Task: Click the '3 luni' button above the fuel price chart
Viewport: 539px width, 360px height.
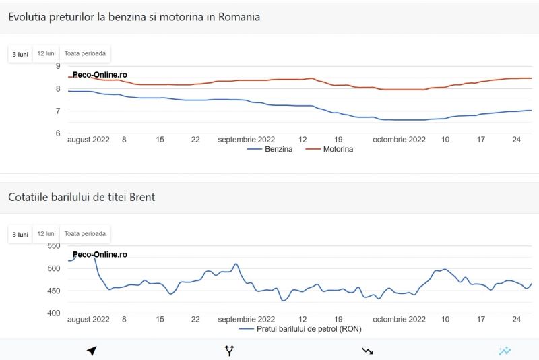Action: tap(20, 53)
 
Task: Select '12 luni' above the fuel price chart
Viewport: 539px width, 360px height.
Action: tap(46, 53)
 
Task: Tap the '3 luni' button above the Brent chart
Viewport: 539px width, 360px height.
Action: tap(20, 234)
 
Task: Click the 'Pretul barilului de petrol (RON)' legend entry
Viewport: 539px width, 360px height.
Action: tap(300, 329)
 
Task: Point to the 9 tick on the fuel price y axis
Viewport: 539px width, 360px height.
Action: tap(58, 66)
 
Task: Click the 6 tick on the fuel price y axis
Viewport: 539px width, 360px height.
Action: tap(58, 133)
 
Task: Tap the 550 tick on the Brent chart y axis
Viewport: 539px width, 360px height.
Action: tap(54, 246)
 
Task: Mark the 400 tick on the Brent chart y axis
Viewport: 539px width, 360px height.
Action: tap(54, 313)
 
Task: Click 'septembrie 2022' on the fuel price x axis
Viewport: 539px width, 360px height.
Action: tap(246, 140)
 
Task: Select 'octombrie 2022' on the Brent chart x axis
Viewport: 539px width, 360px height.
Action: tap(399, 320)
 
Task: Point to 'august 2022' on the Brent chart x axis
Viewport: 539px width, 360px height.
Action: tap(88, 320)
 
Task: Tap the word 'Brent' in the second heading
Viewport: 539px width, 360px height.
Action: tap(141, 197)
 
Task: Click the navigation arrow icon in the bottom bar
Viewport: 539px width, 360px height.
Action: tap(92, 351)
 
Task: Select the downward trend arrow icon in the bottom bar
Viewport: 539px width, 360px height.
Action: tap(367, 351)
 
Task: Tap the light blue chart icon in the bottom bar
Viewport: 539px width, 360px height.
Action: tap(505, 351)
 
